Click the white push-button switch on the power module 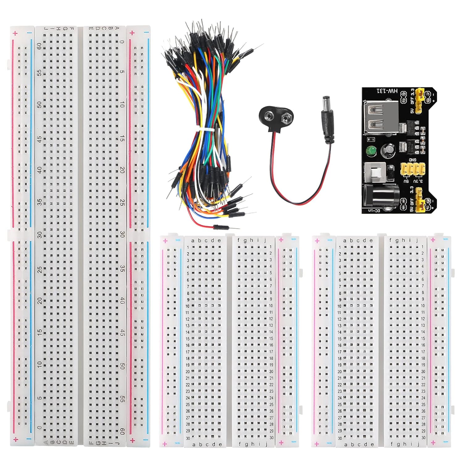point(374,174)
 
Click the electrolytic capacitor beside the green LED point(386,151)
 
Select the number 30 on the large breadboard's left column point(40,235)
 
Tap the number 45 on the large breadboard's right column point(122,333)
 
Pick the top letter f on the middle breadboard point(238,240)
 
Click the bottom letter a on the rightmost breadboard point(345,445)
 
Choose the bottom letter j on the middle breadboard point(265,444)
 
